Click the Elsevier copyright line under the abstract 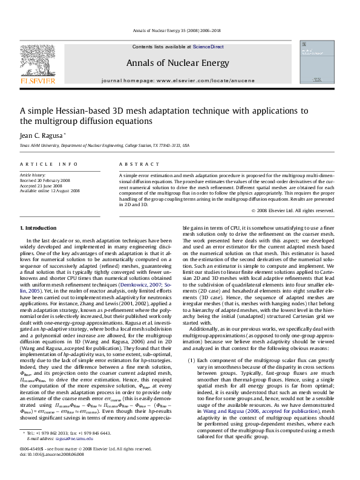tap(292, 210)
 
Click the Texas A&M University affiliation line tap(105, 146)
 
